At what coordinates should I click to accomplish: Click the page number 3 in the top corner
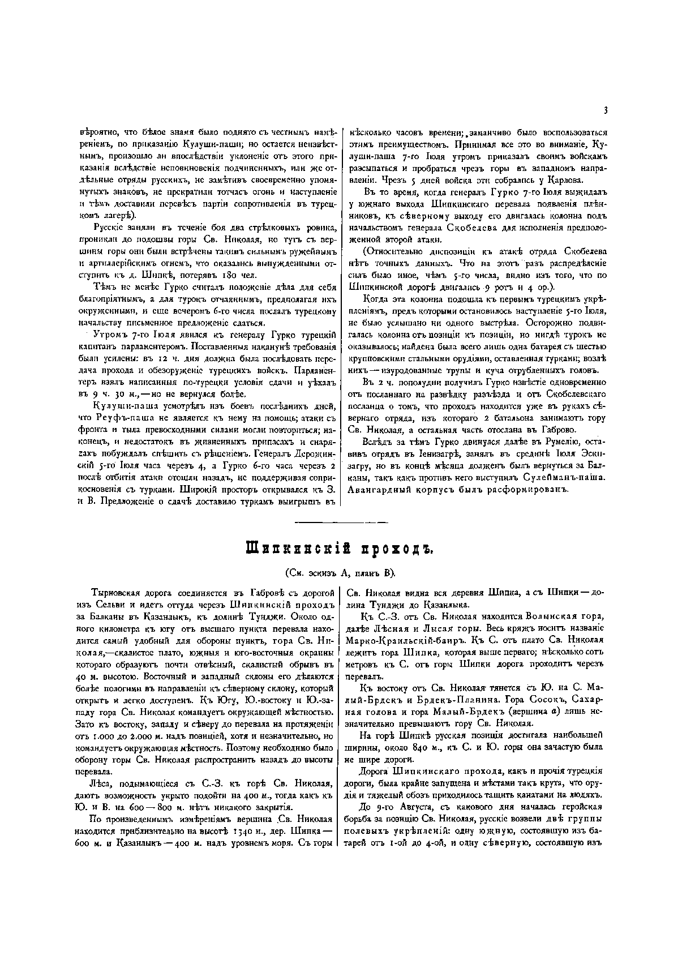coord(605,110)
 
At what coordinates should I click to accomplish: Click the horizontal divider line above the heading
coord(341,521)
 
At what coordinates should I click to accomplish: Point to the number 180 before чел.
coord(224,276)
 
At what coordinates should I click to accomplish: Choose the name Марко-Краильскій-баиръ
coord(407,640)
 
